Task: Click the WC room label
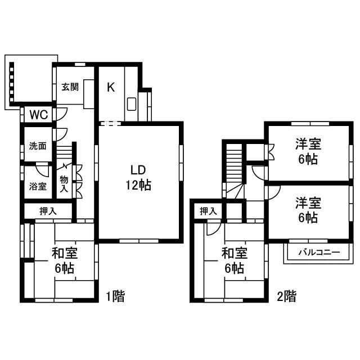coord(39,115)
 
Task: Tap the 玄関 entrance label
coord(70,87)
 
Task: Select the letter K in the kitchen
coord(111,87)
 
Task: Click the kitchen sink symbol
coord(132,104)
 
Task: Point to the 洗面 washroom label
coord(38,146)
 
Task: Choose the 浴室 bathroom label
coord(38,186)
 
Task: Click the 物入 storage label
coord(64,184)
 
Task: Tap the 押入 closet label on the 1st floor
coord(48,211)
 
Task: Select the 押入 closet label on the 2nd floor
coord(208,211)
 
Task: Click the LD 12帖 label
coord(138,178)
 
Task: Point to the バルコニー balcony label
coord(319,253)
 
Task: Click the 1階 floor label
coord(115,296)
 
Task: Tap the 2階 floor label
coord(286,296)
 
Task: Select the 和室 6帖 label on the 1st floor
coord(65,260)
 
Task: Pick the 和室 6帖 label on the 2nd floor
coord(235,260)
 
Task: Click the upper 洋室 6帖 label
coord(308,151)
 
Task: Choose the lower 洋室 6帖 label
coord(308,210)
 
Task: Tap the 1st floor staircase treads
coord(64,152)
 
